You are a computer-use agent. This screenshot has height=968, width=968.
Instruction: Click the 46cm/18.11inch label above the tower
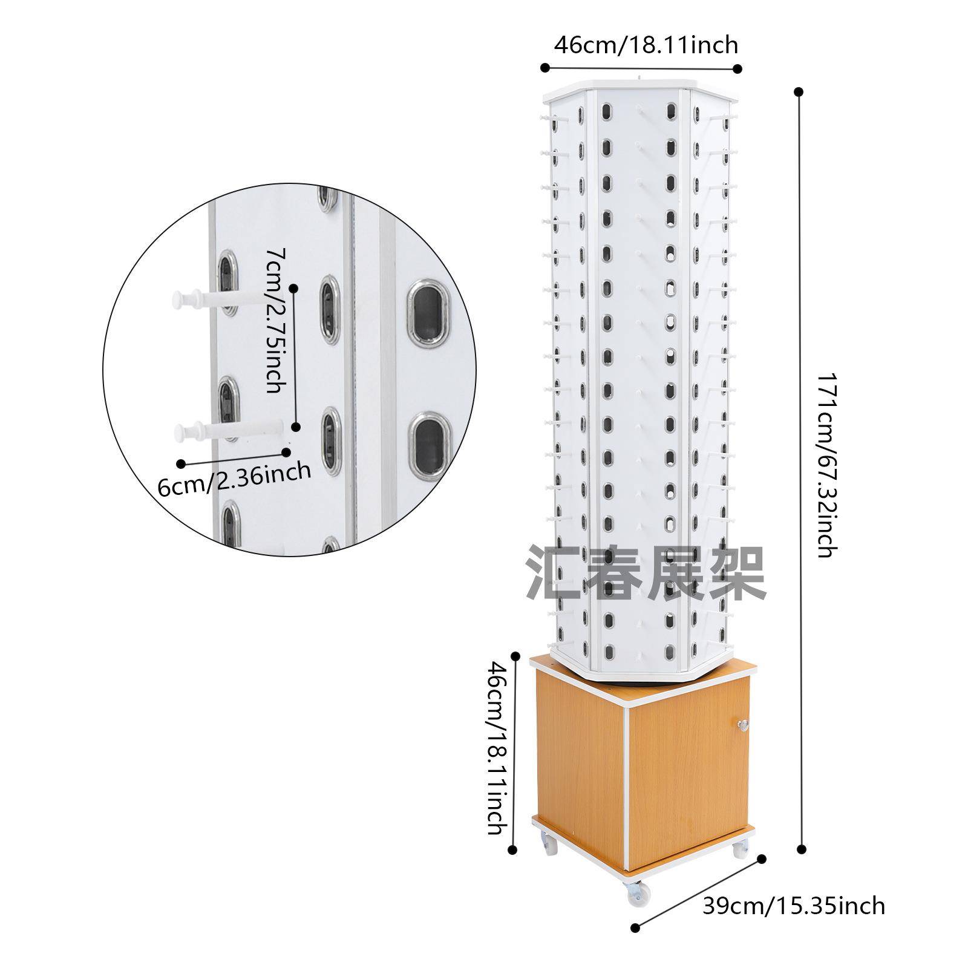646,45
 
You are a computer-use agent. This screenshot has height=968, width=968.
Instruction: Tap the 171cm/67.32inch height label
827,464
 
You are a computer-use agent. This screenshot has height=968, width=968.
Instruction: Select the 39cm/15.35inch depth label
793,906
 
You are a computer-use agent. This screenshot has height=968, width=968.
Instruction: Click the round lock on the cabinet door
742,724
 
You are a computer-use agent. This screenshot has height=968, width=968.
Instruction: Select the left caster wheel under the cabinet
549,844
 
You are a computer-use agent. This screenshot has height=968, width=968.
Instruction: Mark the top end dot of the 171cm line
799,92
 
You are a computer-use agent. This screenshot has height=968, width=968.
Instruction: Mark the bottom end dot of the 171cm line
802,849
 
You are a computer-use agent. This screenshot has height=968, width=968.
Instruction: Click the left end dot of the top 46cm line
544,68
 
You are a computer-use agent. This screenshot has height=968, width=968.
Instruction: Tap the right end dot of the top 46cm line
737,68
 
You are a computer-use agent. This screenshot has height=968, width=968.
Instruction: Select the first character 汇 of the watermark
554,572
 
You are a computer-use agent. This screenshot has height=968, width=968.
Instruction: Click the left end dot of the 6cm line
181,463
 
